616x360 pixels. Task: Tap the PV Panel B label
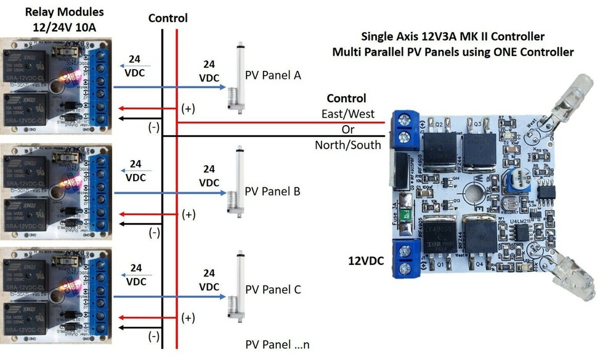[x=272, y=191]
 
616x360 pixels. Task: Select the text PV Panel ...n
[x=277, y=343]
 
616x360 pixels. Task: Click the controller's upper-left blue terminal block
[x=405, y=127]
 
